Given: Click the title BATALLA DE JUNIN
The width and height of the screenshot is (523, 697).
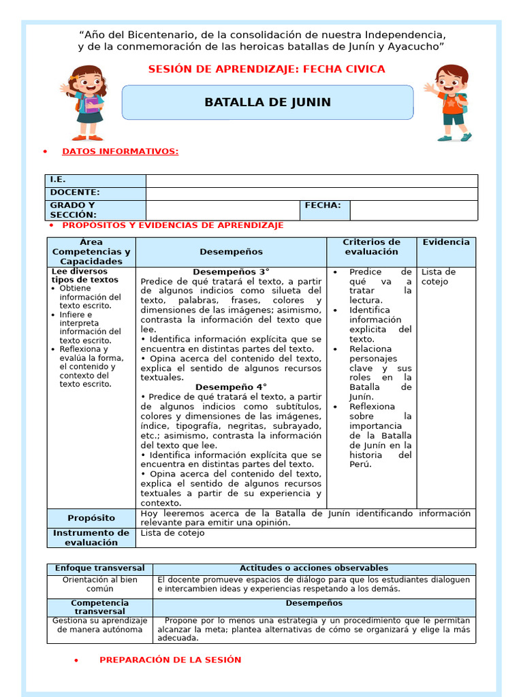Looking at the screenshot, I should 268,103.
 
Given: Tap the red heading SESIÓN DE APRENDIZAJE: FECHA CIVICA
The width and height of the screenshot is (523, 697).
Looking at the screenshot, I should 266,69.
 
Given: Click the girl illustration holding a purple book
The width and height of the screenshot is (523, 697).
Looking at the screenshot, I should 86,102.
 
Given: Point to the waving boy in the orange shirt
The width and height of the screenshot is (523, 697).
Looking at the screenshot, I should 448,102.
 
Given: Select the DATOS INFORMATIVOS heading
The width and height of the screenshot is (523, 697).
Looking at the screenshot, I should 120,151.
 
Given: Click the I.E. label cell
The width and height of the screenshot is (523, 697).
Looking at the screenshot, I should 96,180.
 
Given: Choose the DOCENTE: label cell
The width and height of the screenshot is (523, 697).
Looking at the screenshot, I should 96,193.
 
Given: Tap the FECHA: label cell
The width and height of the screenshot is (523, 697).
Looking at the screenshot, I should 324,206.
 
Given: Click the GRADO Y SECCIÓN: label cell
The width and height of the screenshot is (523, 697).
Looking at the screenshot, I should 96,210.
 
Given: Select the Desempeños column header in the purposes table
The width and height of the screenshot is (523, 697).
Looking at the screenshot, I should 231,252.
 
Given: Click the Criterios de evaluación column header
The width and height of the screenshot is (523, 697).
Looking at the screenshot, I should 371,247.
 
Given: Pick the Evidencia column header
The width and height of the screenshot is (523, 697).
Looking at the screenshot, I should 446,242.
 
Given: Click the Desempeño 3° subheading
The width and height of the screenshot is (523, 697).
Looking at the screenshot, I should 231,272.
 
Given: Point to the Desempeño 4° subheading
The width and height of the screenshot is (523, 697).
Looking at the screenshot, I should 231,387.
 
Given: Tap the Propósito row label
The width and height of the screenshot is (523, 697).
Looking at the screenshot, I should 91,518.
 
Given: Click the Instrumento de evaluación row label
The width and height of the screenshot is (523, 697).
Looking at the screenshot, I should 91,538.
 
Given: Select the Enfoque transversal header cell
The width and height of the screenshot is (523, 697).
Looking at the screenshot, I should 99,568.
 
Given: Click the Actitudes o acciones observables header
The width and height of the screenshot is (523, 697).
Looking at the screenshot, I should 314,568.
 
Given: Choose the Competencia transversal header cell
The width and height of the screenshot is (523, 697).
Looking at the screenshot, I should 99,607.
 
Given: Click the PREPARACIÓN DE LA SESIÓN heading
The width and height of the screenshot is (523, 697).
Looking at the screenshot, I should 170,660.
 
